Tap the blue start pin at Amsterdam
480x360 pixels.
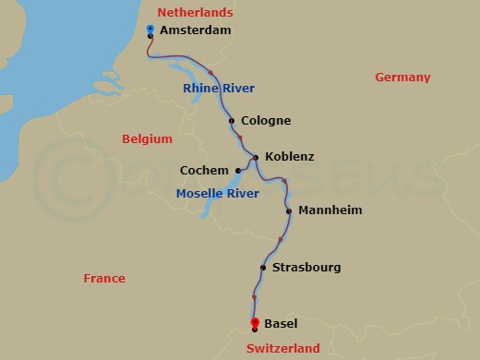tap(150, 30)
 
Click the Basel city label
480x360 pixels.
tap(281, 324)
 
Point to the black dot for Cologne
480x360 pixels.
tap(231, 121)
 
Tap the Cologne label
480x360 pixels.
tap(265, 121)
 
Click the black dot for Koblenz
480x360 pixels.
tap(256, 157)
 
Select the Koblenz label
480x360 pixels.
tap(289, 157)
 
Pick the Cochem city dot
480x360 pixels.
tap(237, 171)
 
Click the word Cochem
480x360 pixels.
tap(205, 171)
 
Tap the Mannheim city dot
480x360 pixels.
tap(289, 210)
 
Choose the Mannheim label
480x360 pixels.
tap(330, 210)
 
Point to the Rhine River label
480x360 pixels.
tap(219, 88)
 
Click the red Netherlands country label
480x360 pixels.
tap(195, 12)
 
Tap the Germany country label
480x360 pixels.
tap(402, 78)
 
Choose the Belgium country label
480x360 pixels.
tap(148, 138)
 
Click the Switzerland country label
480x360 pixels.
tap(283, 348)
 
